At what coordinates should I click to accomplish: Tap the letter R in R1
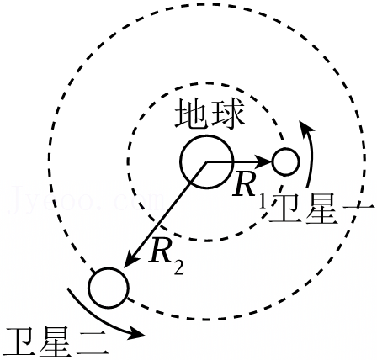(245, 185)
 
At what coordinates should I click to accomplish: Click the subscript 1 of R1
(263, 202)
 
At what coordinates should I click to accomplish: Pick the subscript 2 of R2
(178, 267)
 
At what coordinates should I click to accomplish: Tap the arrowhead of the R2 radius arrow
(130, 260)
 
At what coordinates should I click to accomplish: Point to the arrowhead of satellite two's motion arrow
(136, 332)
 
